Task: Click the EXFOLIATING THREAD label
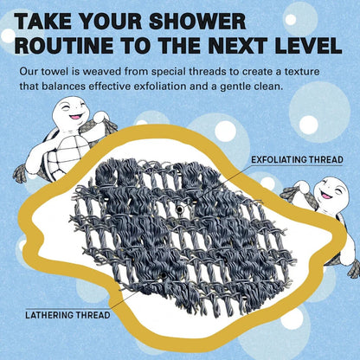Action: point(297,160)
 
